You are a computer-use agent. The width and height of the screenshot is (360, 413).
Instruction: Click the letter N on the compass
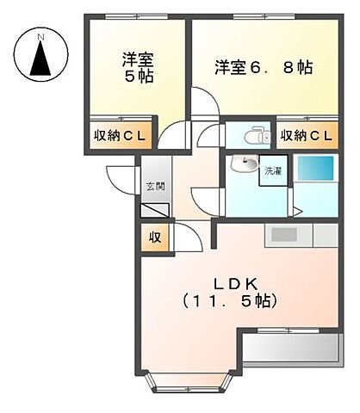[39, 34]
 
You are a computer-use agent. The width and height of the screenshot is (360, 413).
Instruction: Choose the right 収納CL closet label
[306, 135]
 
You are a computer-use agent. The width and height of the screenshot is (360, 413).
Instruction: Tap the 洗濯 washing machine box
[273, 171]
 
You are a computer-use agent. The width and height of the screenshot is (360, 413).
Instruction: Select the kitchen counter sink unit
[293, 235]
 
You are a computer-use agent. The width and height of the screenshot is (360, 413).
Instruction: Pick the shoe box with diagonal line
[154, 209]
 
